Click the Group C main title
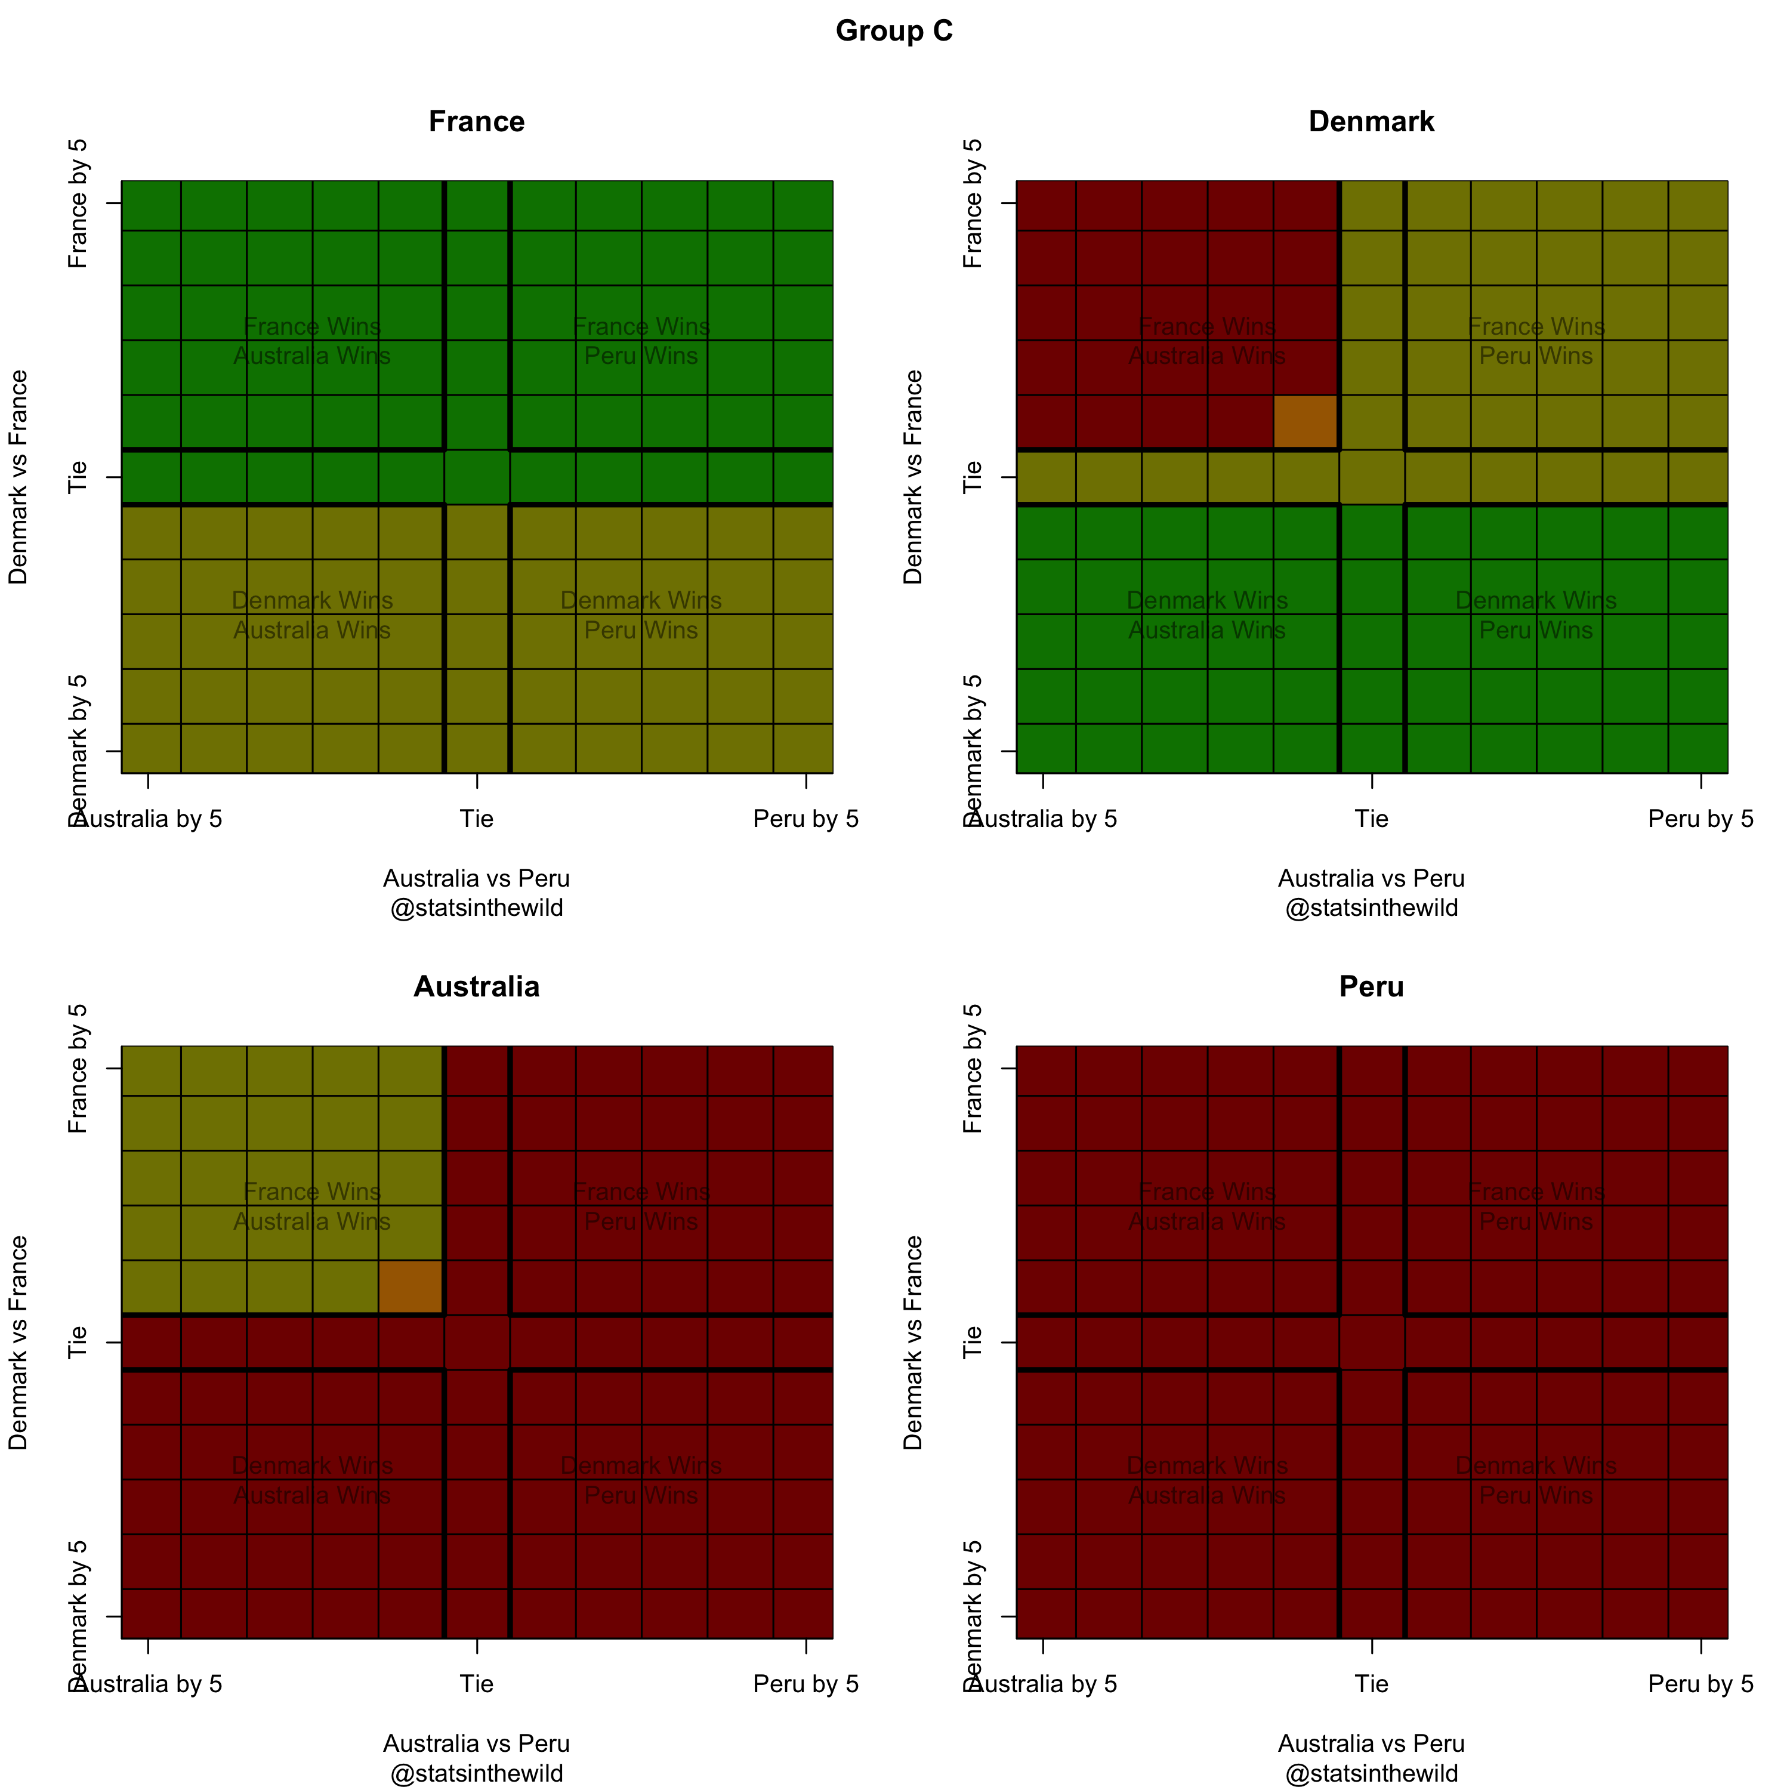click(x=894, y=32)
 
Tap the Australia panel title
click(x=476, y=987)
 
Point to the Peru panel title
click(x=1371, y=987)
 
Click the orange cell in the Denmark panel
click(x=1306, y=422)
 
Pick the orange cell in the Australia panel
click(x=411, y=1287)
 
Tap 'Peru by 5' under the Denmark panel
click(x=1701, y=819)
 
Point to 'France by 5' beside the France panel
click(x=79, y=204)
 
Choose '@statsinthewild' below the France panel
click(x=476, y=908)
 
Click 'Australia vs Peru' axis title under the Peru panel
click(x=1371, y=1743)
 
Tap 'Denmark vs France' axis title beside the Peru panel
click(x=913, y=1342)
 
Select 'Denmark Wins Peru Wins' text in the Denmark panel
click(x=1536, y=615)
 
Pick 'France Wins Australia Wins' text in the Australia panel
click(x=312, y=1206)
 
